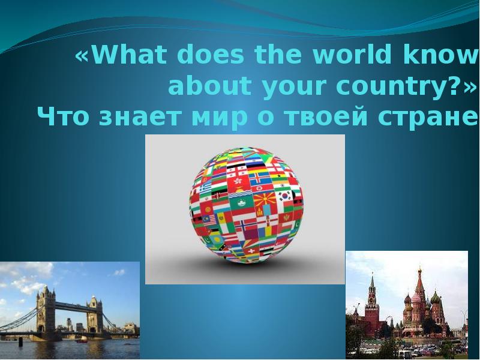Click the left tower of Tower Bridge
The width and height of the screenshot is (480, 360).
tap(45, 309)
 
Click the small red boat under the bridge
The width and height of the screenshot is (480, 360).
tap(81, 340)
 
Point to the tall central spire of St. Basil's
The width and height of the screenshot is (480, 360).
tap(419, 282)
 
